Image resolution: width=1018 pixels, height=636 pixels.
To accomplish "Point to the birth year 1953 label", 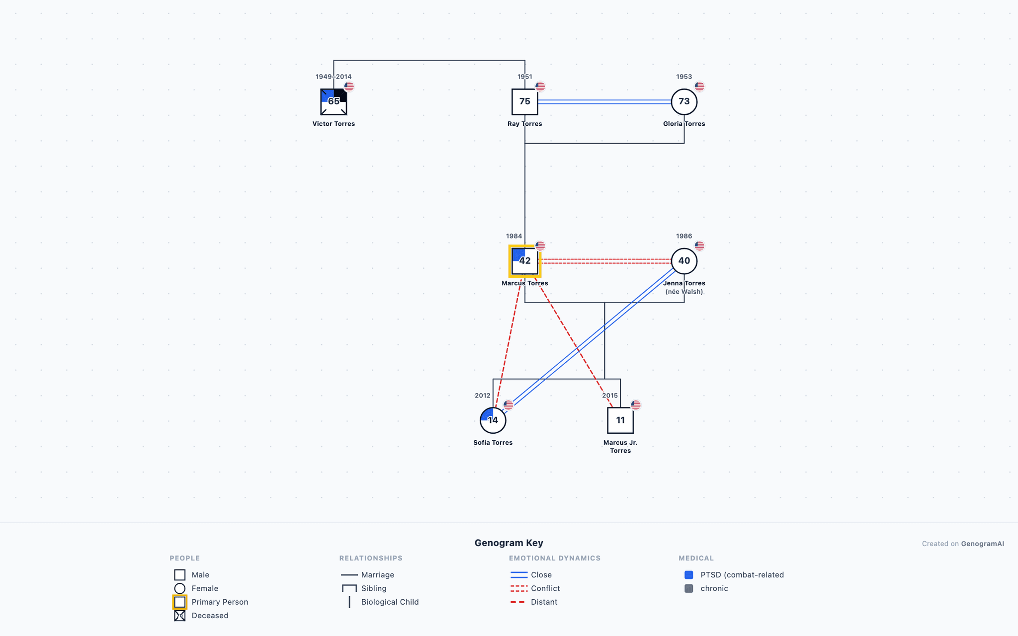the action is point(684,77).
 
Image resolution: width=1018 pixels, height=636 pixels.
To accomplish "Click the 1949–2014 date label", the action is point(334,77).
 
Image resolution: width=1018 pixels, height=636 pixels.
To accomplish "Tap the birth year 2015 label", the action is point(610,396).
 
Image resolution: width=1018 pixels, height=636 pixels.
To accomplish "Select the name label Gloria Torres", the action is point(684,124).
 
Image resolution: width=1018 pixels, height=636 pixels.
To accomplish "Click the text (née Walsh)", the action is point(684,292).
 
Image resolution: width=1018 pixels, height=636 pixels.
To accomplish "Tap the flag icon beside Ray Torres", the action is point(540,86).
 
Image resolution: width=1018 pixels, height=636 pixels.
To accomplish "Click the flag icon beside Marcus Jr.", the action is point(636,405).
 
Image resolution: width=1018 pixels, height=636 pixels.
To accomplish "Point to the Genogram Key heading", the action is point(509,543).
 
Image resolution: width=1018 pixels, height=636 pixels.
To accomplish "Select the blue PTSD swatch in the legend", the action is point(689,575).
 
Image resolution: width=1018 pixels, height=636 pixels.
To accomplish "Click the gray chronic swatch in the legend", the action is point(689,588).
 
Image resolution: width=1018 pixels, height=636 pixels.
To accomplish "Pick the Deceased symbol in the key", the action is point(180,616).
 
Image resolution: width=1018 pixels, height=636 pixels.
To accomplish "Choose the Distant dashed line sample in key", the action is point(519,602).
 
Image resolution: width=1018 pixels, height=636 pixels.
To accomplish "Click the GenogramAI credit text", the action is point(983,544).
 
